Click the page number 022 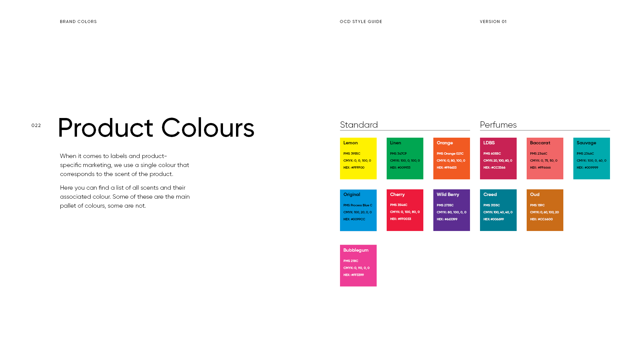[x=36, y=126]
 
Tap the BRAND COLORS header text [x=78, y=22]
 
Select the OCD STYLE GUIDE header [x=361, y=22]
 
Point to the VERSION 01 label [x=493, y=22]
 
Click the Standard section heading [x=359, y=125]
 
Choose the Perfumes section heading [x=498, y=125]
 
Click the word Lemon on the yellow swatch [x=350, y=143]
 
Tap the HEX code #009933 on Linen [x=400, y=168]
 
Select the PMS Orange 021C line [x=450, y=154]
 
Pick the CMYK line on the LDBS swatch [x=498, y=161]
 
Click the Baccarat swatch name [x=540, y=143]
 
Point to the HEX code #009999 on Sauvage [x=587, y=168]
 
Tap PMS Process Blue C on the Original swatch [x=358, y=205]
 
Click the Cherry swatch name [x=397, y=195]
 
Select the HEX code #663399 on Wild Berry [x=447, y=219]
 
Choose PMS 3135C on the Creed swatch [x=491, y=205]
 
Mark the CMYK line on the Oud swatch [x=544, y=212]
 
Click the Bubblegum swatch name [x=356, y=250]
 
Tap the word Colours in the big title [x=207, y=128]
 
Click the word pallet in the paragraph [x=68, y=206]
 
